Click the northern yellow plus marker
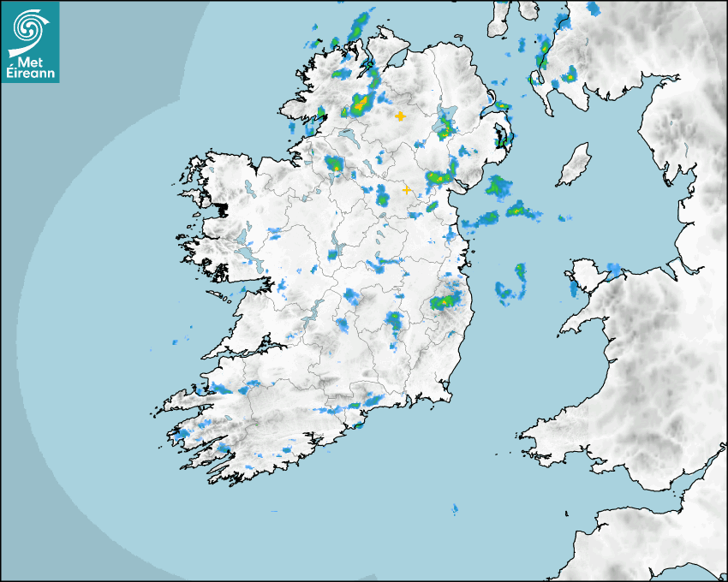[400, 116]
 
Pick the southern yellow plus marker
[406, 190]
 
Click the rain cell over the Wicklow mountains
[446, 301]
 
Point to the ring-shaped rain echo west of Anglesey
[511, 283]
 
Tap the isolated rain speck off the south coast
[455, 510]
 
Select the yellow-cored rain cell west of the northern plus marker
[357, 106]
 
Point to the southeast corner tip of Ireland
[449, 395]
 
